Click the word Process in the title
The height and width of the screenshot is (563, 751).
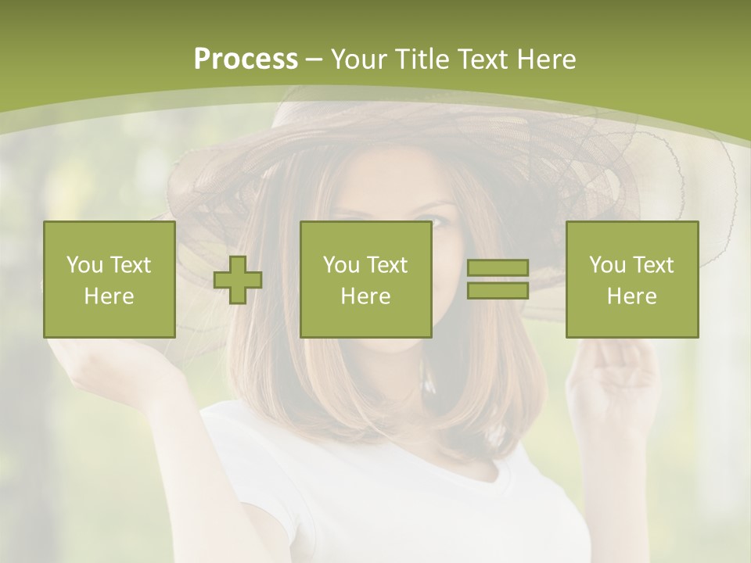click(246, 59)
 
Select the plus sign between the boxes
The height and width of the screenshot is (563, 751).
click(238, 280)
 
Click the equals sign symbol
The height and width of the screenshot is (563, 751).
click(498, 279)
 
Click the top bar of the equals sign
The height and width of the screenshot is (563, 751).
click(498, 268)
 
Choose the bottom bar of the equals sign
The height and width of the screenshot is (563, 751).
click(498, 290)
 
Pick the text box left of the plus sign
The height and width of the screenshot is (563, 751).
click(110, 280)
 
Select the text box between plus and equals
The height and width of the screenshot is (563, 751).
click(366, 280)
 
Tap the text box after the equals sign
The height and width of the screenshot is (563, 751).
click(632, 280)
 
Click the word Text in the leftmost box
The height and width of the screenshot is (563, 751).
click(129, 265)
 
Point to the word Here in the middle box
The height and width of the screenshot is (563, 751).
click(366, 296)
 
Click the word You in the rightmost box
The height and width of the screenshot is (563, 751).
click(607, 265)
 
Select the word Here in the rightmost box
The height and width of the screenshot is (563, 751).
click(632, 296)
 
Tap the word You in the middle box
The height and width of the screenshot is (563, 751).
click(341, 265)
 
